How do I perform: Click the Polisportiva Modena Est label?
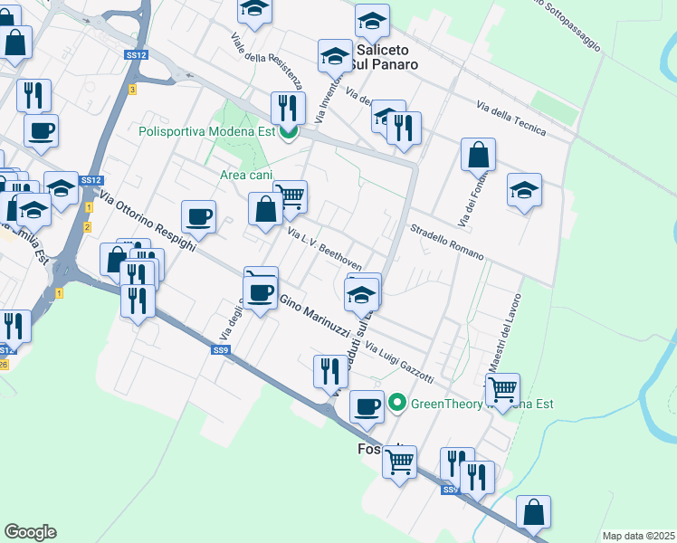(206, 131)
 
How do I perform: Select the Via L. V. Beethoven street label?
(324, 249)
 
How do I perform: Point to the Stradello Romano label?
(448, 242)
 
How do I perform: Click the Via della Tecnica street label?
(511, 119)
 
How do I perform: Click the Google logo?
(30, 532)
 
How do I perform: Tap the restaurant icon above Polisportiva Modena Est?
(288, 109)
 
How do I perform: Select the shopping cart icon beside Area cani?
(290, 195)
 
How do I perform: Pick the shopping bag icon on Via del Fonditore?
(478, 155)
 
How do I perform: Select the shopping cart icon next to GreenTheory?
(502, 390)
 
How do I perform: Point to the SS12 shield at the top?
(137, 55)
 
